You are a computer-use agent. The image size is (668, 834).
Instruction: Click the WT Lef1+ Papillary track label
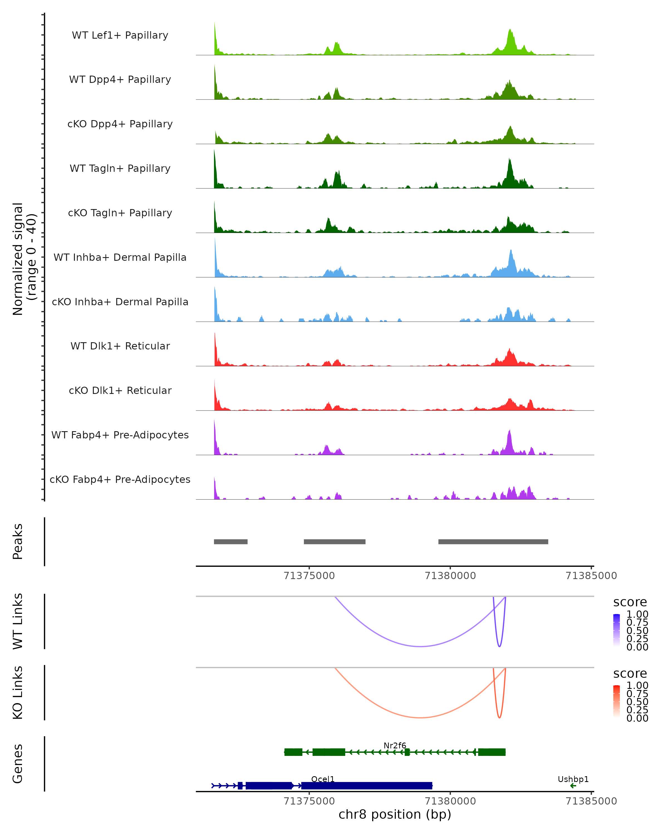[120, 35]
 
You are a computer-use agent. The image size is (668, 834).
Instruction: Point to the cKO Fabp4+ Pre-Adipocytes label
[120, 479]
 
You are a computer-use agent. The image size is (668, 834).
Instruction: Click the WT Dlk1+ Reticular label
[120, 346]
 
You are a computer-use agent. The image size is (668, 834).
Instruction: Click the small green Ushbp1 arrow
[573, 786]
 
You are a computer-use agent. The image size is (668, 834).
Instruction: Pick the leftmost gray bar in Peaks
[230, 542]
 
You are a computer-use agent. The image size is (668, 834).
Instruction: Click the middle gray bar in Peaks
[335, 542]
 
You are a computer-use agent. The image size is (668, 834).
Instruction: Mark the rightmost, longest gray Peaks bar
[493, 542]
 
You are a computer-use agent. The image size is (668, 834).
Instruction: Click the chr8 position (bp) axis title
[395, 814]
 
